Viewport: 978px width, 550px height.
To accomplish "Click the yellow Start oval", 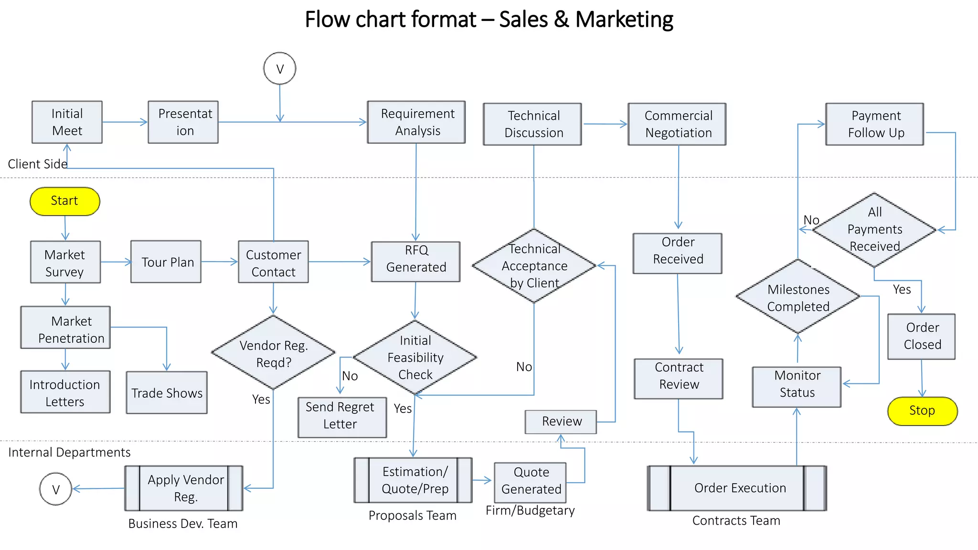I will click(x=65, y=201).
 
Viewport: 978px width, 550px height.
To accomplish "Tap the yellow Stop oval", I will click(x=922, y=411).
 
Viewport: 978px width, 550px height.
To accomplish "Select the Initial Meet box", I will click(x=67, y=122).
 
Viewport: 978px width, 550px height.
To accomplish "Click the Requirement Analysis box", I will click(x=416, y=122).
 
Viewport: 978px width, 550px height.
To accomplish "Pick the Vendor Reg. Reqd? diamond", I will click(x=273, y=353).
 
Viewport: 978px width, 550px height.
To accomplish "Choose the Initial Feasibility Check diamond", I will click(x=415, y=357).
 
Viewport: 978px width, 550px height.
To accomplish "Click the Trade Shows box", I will click(x=167, y=392).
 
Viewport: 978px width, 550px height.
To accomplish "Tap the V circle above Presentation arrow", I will click(x=280, y=68).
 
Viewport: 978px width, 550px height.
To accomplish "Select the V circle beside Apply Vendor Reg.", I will click(x=56, y=489).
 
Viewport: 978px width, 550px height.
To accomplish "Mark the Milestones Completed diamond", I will click(x=797, y=297).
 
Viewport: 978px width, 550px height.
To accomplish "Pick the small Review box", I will click(x=561, y=422).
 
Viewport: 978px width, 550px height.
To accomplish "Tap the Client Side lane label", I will click(x=37, y=164).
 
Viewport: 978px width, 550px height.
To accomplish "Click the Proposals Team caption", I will click(x=412, y=516).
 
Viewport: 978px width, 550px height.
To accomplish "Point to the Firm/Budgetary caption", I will click(x=530, y=510).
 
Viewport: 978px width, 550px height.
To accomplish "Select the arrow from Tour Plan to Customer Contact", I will click(x=219, y=262).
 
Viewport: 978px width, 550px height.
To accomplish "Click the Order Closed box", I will click(x=921, y=336).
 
